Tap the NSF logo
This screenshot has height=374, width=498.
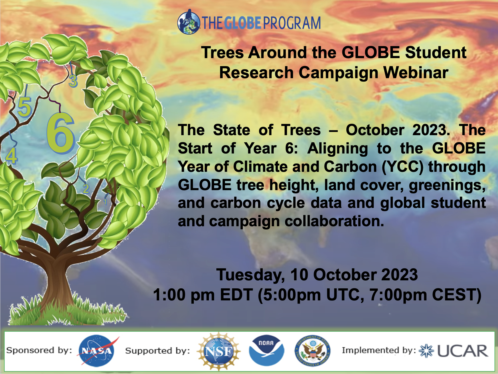click(x=219, y=351)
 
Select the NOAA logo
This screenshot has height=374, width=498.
click(x=266, y=351)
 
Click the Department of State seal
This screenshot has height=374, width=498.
click(x=313, y=351)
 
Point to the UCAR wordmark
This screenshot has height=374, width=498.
click(x=463, y=351)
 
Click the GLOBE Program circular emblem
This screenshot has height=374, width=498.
click(x=188, y=22)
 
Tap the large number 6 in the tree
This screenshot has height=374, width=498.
click(x=60, y=133)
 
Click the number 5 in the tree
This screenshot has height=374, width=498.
click(x=24, y=107)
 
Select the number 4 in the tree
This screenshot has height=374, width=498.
click(x=11, y=156)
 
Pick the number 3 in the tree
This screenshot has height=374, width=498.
click(x=73, y=81)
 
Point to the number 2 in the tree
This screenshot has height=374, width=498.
click(x=86, y=189)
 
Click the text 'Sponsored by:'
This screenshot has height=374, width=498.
click(x=39, y=350)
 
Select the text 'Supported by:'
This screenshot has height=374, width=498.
click(x=158, y=351)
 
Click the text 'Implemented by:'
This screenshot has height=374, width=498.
click(x=379, y=350)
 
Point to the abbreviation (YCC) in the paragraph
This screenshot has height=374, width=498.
click(x=403, y=167)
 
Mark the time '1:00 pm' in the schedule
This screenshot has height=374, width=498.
click(x=184, y=295)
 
